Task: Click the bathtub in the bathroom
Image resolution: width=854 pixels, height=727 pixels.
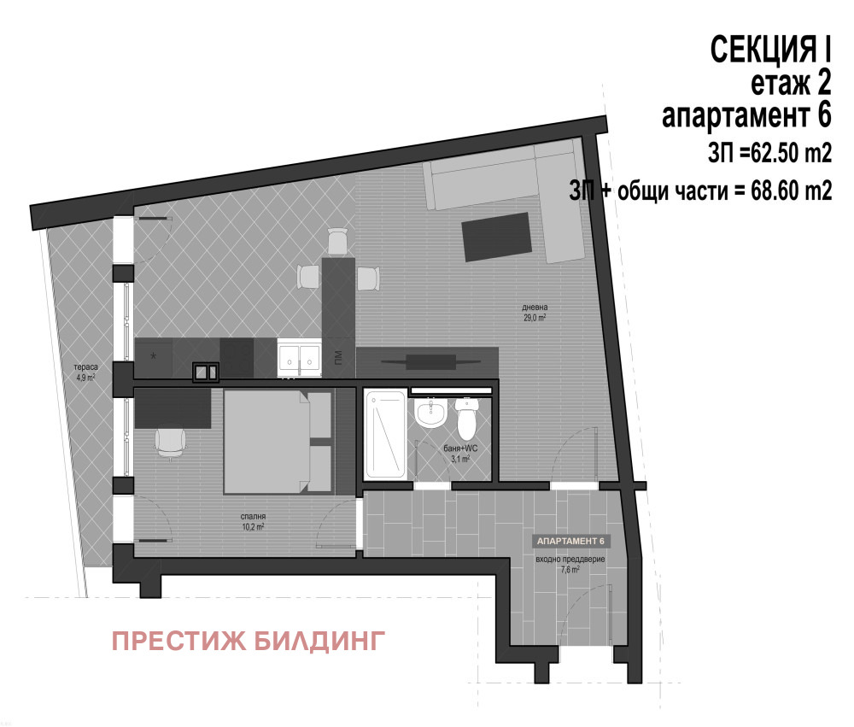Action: click(385, 437)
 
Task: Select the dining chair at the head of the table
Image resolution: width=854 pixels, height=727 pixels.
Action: click(338, 241)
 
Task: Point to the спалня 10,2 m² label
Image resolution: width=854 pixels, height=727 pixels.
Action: click(251, 521)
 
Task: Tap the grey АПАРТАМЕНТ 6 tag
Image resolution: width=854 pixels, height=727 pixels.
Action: click(570, 542)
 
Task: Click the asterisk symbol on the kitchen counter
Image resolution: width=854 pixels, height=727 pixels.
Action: click(154, 355)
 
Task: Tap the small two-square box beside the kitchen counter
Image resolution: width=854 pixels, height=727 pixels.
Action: click(206, 371)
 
